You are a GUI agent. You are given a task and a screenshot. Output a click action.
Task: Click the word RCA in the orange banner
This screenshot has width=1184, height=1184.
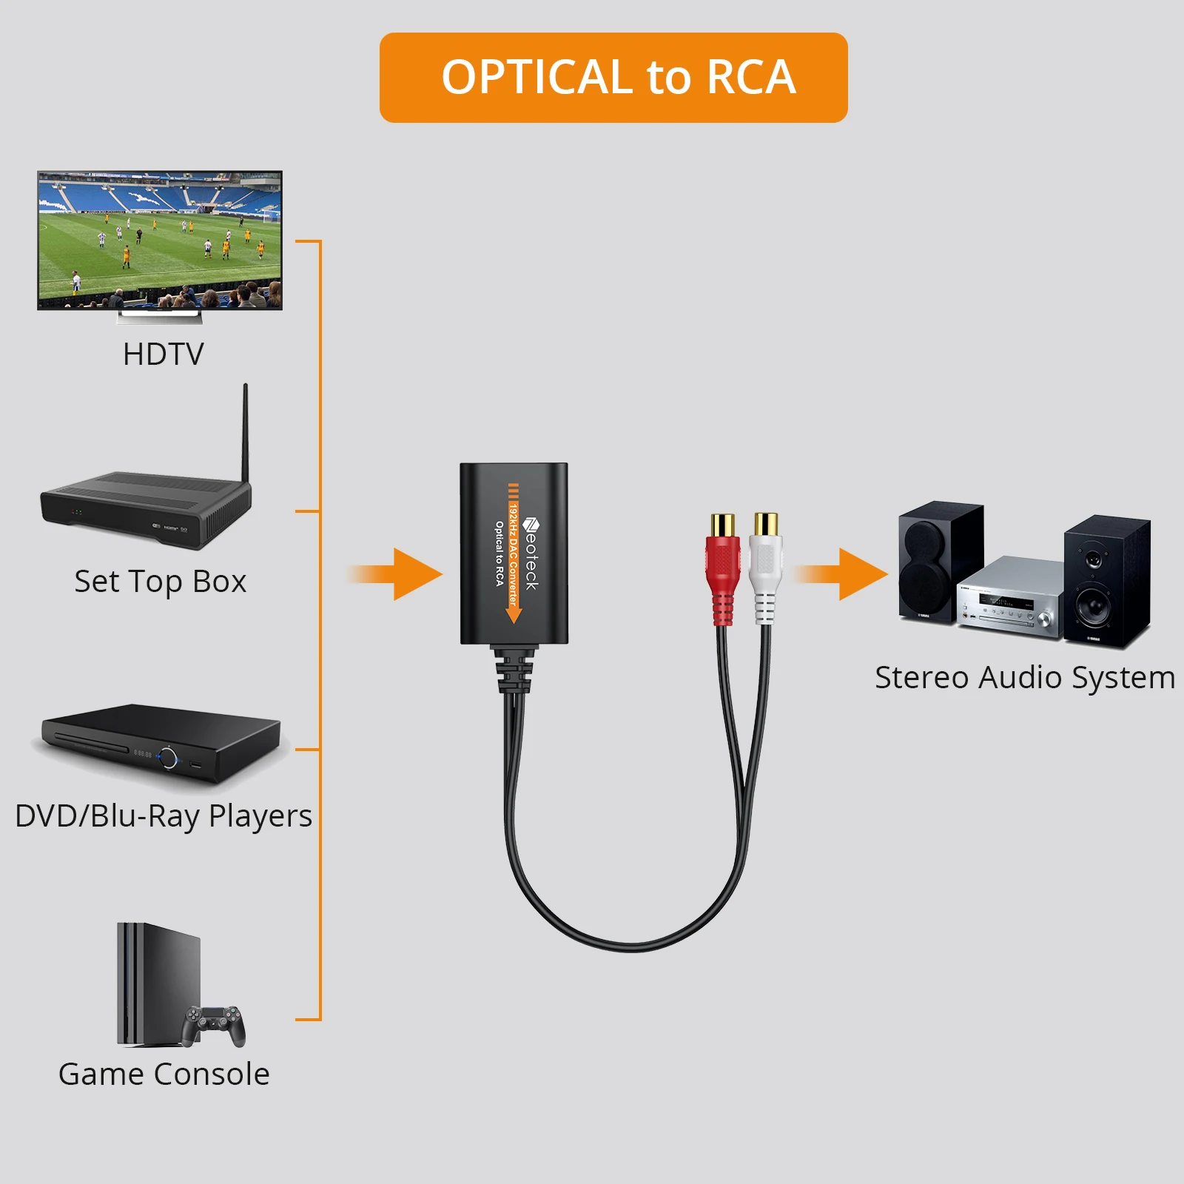coord(750,77)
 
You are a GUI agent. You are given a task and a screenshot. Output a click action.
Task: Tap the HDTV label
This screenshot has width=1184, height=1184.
coord(163,354)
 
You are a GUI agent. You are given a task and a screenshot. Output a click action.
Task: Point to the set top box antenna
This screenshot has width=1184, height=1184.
coord(245,433)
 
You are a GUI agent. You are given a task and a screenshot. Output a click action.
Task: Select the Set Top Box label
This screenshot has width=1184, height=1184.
coord(160,582)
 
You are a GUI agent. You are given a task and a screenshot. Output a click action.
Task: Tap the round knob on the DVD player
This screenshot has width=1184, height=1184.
coord(169,758)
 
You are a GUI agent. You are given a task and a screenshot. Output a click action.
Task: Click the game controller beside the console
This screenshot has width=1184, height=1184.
coord(214,1024)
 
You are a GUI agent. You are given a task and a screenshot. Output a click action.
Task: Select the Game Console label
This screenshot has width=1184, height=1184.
coord(164,1074)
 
